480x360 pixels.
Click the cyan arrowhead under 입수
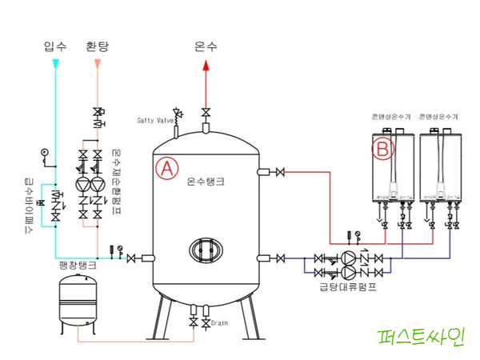[x=54, y=63]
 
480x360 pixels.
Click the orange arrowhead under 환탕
[x=97, y=63]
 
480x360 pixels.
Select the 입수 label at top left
[x=54, y=46]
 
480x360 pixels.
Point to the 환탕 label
[x=97, y=46]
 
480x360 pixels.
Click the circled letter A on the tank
[x=166, y=168]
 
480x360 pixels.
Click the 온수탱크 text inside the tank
[x=206, y=182]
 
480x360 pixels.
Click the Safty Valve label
[x=155, y=121]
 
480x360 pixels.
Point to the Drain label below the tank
[x=221, y=323]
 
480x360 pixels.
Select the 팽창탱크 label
[x=78, y=264]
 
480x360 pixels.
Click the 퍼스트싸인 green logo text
[x=423, y=338]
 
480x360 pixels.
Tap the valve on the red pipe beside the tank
[x=280, y=172]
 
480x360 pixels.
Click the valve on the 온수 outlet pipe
[x=206, y=111]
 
